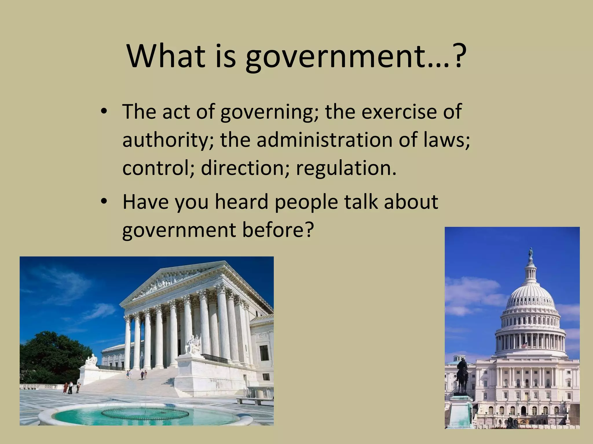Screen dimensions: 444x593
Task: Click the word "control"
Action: [158, 168]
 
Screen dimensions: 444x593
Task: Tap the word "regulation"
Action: [346, 168]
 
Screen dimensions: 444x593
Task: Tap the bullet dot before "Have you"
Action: [104, 202]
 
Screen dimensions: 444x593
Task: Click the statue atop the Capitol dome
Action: [531, 253]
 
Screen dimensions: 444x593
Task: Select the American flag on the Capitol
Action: [524, 345]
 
